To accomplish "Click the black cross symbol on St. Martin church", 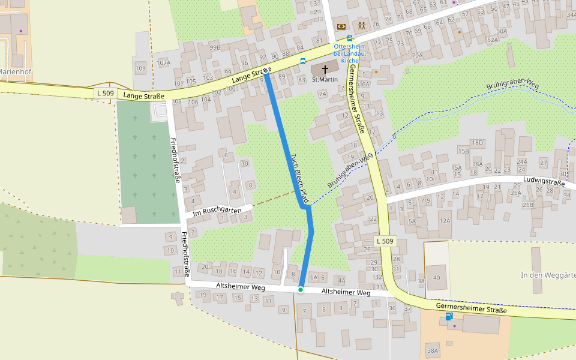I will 325,69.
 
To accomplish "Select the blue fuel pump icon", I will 448,316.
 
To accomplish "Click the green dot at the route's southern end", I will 301,290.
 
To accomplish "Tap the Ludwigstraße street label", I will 544,182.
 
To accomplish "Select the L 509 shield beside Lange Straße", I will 105,93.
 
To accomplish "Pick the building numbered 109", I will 140,68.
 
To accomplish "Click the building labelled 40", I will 436,277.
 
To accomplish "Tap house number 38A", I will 432,350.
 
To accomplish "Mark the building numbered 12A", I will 445,221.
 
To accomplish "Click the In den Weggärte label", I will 548,275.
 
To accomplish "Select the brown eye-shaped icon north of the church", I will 341,26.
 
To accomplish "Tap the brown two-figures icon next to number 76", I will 362,25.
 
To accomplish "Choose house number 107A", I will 163,62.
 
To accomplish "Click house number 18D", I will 477,143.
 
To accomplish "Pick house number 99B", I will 214,47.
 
